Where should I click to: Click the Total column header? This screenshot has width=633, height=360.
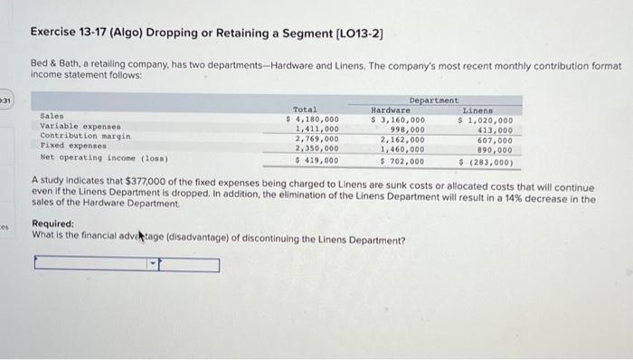[306, 109]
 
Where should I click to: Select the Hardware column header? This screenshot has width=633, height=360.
[398, 109]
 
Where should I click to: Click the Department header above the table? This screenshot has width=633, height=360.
[434, 99]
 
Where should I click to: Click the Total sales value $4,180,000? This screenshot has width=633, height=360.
[312, 118]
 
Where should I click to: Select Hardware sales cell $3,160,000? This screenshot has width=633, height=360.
[399, 118]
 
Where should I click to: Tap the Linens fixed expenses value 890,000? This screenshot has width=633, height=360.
[495, 150]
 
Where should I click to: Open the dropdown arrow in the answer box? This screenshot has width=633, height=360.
[153, 265]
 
